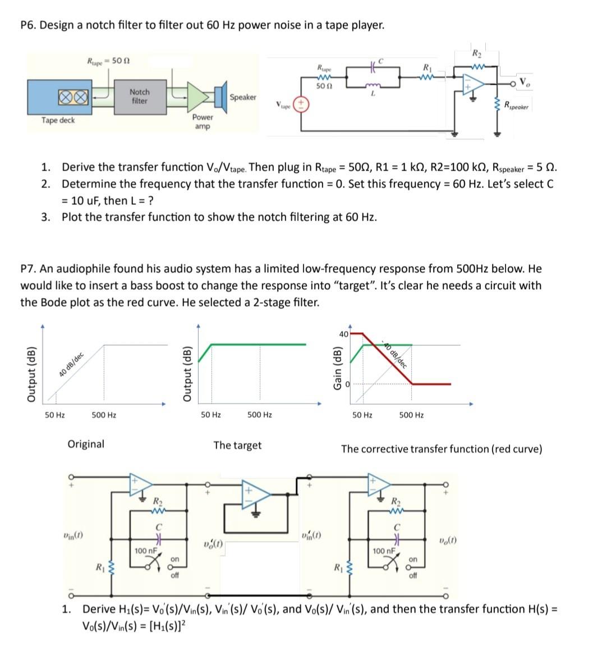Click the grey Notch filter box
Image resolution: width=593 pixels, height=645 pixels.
coord(139,96)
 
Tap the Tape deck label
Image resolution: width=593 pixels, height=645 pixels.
coord(58,120)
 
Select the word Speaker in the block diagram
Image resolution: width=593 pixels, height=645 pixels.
coord(243,97)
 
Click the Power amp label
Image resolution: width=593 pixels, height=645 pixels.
coord(203,122)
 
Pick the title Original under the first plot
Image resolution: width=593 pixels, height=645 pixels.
coord(86,444)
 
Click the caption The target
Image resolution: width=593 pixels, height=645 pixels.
coord(237,445)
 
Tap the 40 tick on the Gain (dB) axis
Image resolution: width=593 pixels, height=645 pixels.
coord(343,334)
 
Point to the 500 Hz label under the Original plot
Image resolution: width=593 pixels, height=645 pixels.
coord(104,415)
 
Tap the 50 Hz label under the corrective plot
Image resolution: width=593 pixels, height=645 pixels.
coord(362,415)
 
